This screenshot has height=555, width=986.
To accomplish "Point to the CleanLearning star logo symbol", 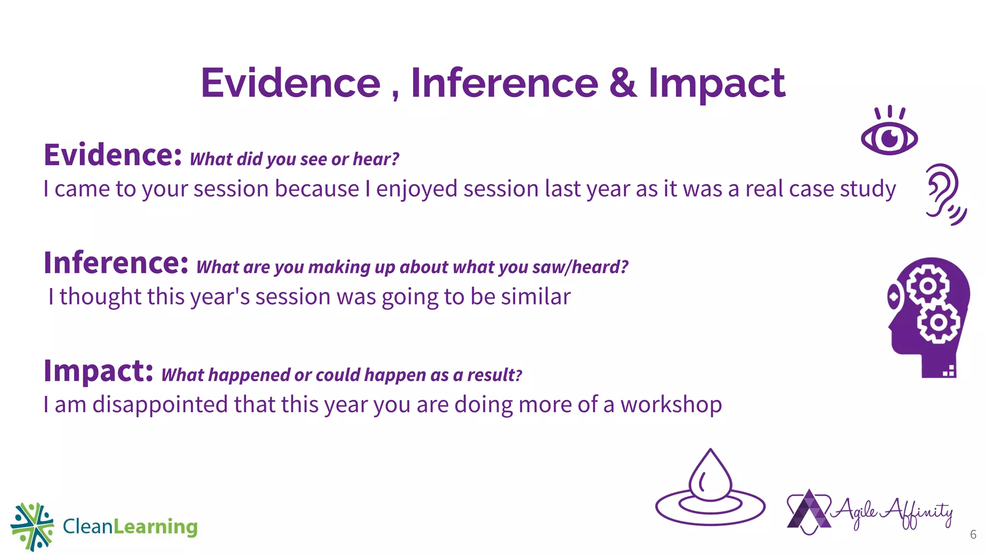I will (x=32, y=527).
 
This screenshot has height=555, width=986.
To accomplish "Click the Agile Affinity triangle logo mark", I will (x=809, y=512).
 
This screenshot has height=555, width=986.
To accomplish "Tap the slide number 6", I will (x=973, y=534).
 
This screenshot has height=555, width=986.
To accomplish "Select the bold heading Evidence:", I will (x=113, y=155).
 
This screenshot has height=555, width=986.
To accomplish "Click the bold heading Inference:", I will (x=116, y=263).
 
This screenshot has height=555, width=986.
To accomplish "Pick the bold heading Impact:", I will (x=98, y=371).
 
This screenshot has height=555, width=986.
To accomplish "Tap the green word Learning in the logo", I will (x=155, y=527).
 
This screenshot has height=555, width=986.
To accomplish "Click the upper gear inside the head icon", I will (x=928, y=286).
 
